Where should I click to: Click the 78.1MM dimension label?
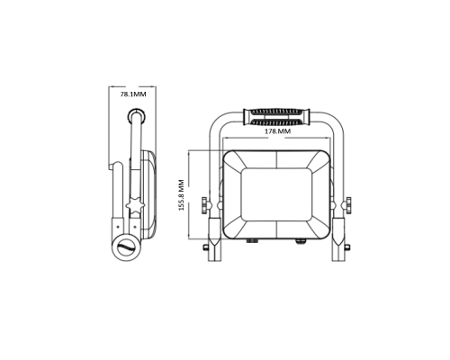click(x=133, y=94)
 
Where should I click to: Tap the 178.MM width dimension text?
click(x=277, y=131)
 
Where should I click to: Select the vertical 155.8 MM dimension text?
click(x=181, y=195)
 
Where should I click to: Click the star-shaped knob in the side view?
click(x=135, y=205)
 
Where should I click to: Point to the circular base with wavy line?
click(x=127, y=247)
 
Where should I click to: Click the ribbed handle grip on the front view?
click(x=277, y=117)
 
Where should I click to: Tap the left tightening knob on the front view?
click(x=205, y=205)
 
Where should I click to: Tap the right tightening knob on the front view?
click(x=348, y=205)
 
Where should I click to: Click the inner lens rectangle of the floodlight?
click(x=276, y=195)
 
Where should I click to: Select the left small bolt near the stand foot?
click(x=205, y=247)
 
